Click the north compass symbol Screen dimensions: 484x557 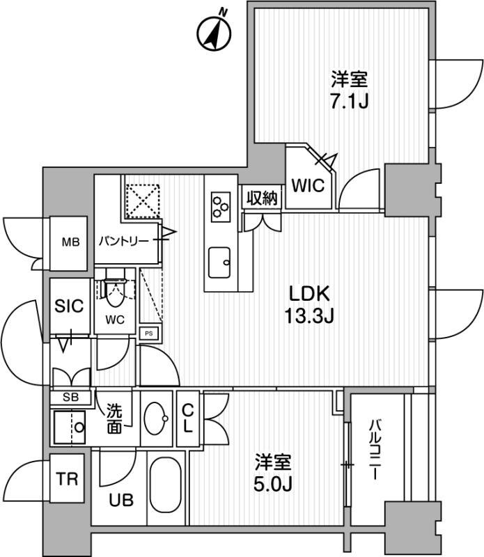coord(214,32)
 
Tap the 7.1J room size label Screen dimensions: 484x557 coord(350,102)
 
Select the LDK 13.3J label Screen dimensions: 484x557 coord(309,305)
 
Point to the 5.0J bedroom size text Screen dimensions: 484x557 coord(273,483)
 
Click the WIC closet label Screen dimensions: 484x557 coord(308,185)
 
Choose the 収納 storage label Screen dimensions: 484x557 coord(263,198)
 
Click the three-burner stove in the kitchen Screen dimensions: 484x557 coord(221,207)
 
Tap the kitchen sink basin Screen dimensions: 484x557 coord(219,262)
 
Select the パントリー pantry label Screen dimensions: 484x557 coord(124,242)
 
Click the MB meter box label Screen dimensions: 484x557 coord(71,242)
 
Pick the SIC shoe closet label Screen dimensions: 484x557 coord(69,306)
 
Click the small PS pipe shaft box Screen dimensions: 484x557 coord(149,334)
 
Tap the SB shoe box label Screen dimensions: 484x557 coord(71,397)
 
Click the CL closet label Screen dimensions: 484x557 coord(187,419)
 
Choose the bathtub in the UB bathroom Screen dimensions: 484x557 coord(166,485)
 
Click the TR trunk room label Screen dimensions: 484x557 coord(67,478)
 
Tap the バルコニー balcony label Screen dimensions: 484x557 coord(374,450)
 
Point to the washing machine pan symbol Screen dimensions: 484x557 coord(70,427)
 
